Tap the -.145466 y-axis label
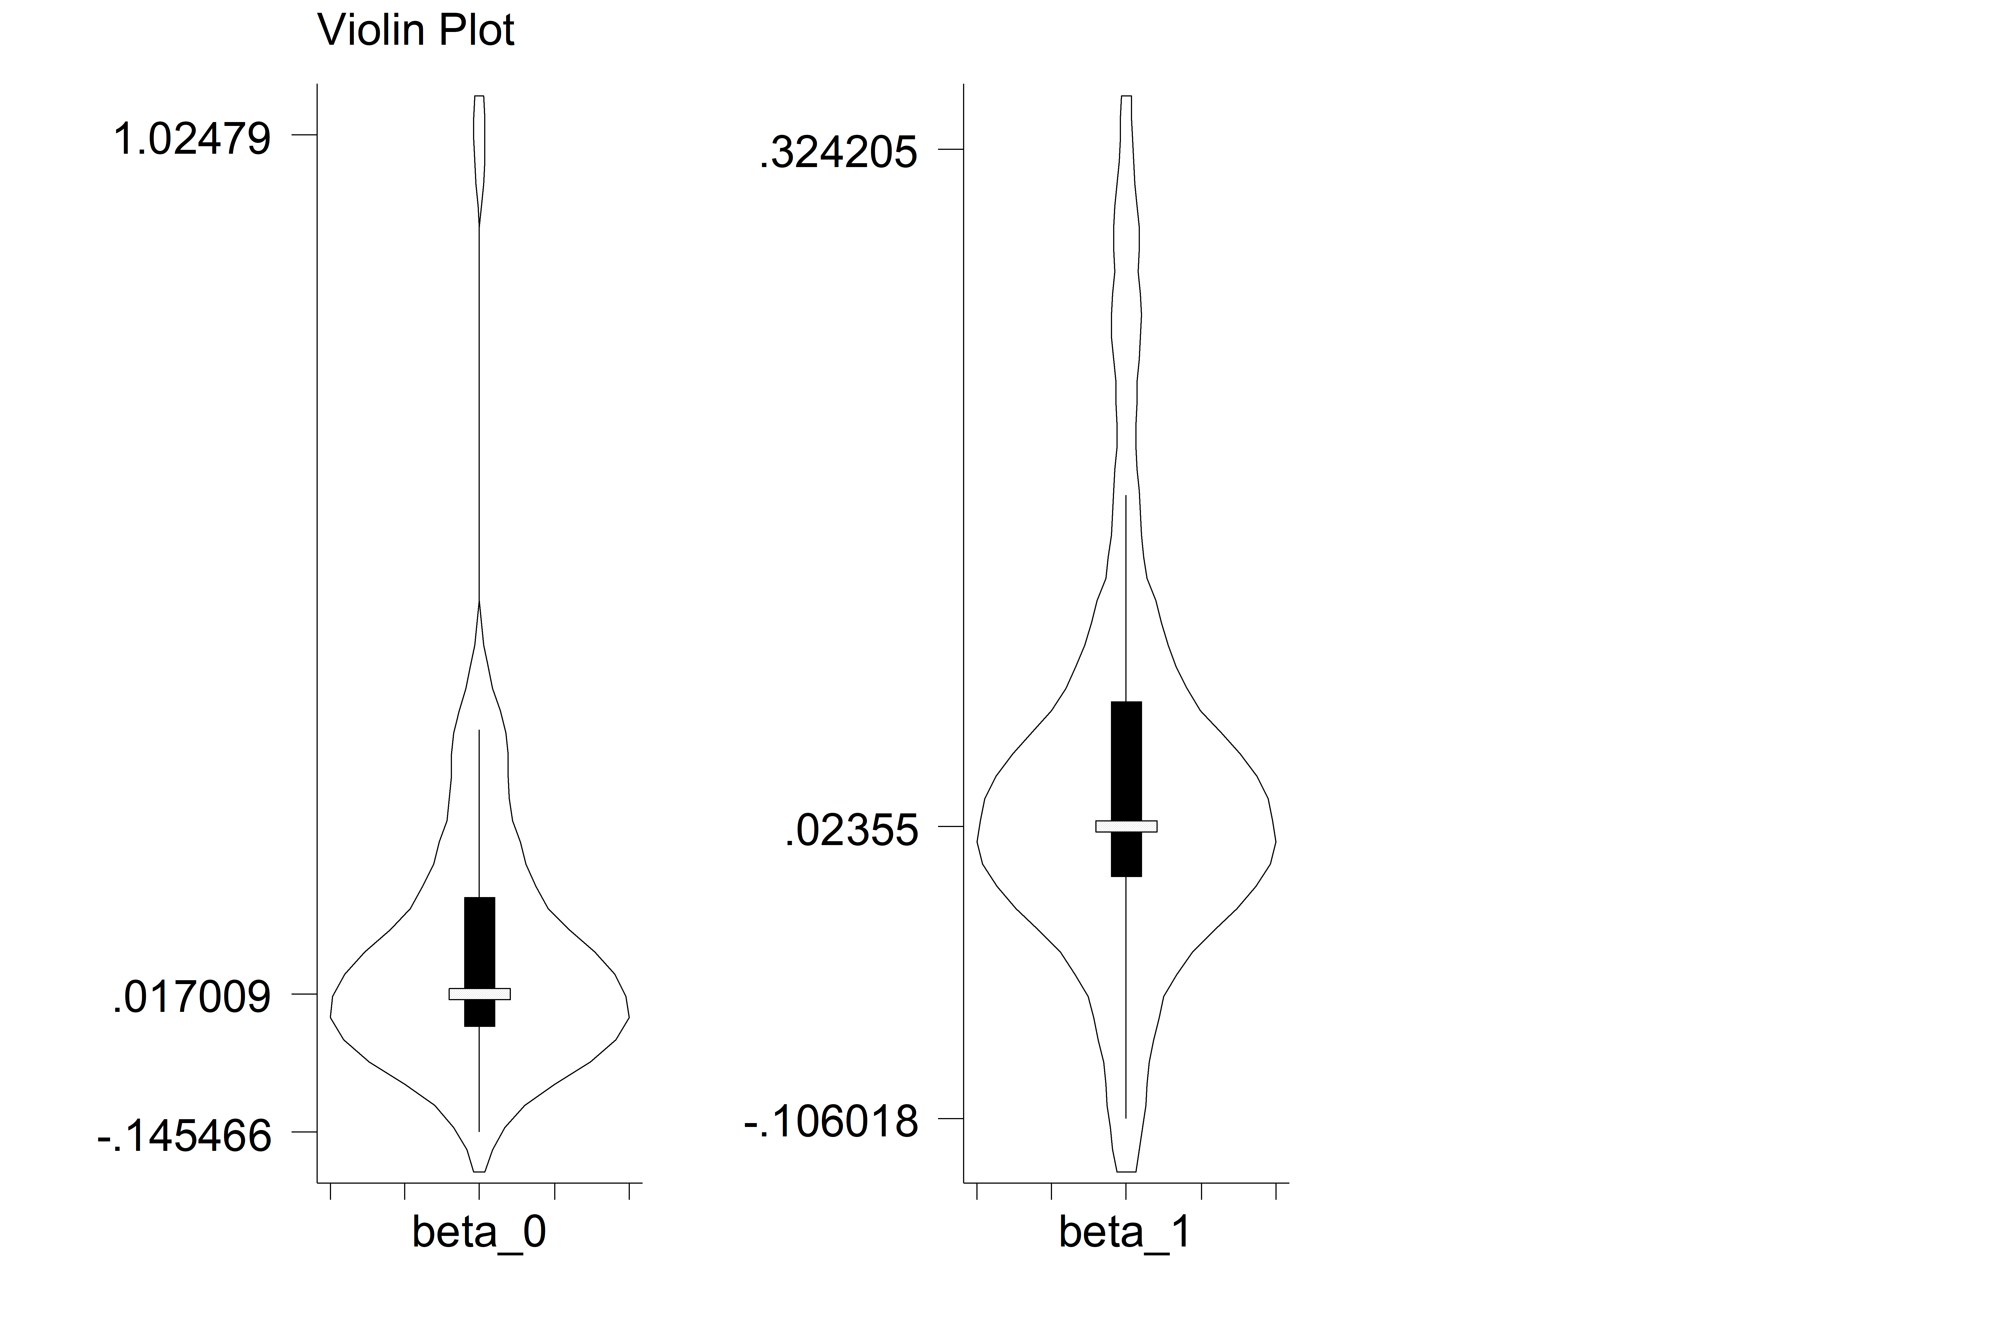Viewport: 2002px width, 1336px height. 184,1136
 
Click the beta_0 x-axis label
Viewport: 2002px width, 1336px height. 479,1232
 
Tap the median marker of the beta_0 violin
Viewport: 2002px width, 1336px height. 480,994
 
